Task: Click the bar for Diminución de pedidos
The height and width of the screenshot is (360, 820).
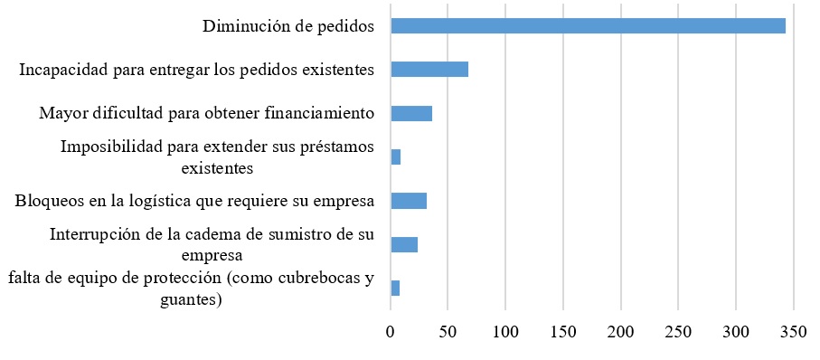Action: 588,25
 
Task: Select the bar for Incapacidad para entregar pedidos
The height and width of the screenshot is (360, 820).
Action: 429,70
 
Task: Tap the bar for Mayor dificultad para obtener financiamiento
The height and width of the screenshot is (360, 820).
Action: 411,113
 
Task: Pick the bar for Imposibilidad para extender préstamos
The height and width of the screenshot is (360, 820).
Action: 396,157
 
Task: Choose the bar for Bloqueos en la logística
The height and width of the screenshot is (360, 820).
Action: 409,201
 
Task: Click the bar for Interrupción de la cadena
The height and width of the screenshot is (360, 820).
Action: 404,244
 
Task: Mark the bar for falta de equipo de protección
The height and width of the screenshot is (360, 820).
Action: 395,288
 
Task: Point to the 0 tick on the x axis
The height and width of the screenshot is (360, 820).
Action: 391,332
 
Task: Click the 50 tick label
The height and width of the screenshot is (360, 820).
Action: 448,332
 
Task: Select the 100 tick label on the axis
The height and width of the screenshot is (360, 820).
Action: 505,332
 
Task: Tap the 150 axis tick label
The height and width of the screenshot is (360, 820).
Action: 563,332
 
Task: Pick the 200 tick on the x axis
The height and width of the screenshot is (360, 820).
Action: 621,332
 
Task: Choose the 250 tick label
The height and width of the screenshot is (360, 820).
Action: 679,332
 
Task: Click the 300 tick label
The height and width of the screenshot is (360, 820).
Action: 736,332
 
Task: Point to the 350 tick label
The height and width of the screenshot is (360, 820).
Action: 794,332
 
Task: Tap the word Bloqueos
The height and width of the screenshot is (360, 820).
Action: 45,201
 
